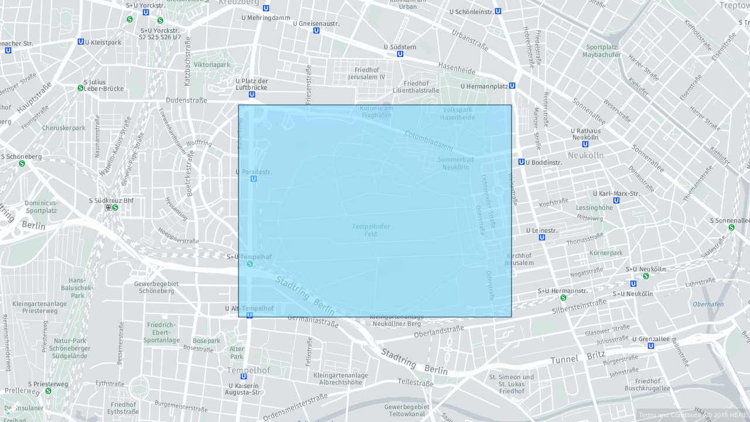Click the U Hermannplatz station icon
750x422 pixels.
click(x=512, y=86)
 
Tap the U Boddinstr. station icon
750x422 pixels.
click(x=521, y=162)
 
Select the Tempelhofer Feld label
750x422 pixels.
click(x=371, y=230)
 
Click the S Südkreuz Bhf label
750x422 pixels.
click(x=111, y=200)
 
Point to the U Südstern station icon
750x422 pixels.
click(x=400, y=54)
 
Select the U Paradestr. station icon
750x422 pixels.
click(x=254, y=179)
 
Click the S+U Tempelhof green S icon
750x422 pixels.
click(x=250, y=264)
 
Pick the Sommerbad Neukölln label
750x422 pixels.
click(x=455, y=163)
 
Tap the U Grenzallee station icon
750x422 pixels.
click(x=651, y=346)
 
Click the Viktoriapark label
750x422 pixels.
click(x=212, y=64)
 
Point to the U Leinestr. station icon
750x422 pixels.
click(x=542, y=237)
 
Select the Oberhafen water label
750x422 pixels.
click(x=708, y=304)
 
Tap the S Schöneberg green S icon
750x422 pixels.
click(x=22, y=164)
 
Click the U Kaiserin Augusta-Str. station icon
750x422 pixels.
click(x=244, y=376)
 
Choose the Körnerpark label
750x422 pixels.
click(x=606, y=253)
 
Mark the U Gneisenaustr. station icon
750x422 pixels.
click(x=316, y=30)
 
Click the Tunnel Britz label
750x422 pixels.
click(x=578, y=358)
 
